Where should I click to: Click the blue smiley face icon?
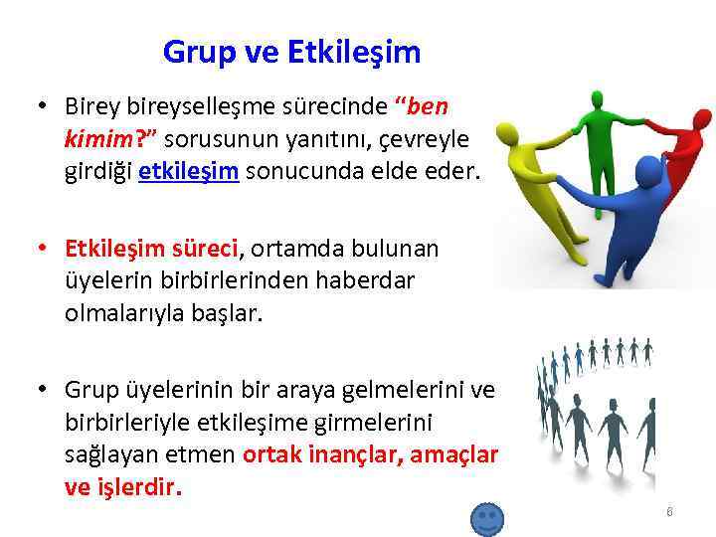click(486, 519)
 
